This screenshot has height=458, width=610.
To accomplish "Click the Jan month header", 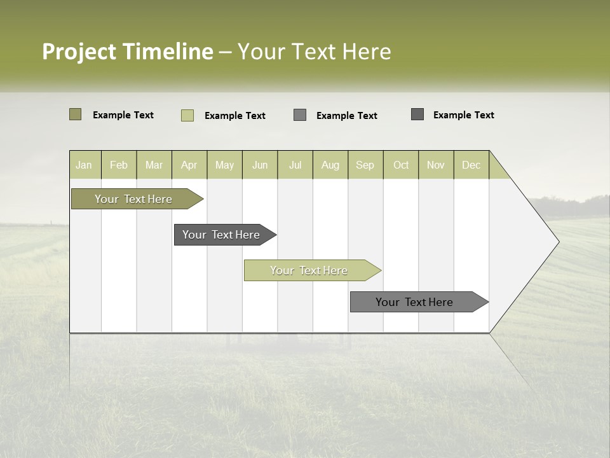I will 85,165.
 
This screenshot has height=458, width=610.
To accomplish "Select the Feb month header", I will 119,165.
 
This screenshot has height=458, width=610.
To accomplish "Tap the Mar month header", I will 154,165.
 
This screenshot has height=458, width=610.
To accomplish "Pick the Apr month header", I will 189,165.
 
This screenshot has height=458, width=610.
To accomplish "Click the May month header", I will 224,165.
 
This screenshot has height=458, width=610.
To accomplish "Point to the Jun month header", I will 260,165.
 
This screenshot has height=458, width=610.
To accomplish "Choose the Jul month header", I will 295,165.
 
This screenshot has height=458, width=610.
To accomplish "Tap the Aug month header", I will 330,165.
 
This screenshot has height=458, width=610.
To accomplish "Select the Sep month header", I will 365,165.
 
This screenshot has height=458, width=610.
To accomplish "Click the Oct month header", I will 401,165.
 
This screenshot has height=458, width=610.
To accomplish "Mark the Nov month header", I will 436,165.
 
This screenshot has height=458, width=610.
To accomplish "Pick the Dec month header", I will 471,165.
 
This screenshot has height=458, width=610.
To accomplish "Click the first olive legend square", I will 76,114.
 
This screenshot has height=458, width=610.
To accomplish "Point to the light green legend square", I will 187,115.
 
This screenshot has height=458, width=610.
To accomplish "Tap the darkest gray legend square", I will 417,114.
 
